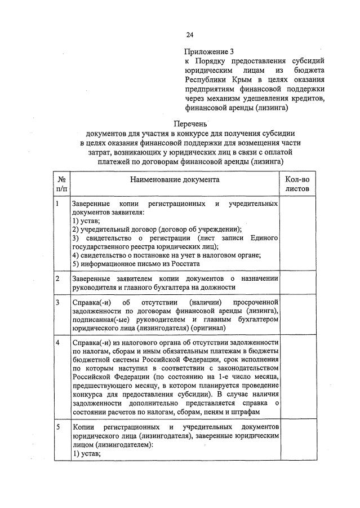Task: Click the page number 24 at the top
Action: (190, 35)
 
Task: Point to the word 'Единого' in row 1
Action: (264, 238)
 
